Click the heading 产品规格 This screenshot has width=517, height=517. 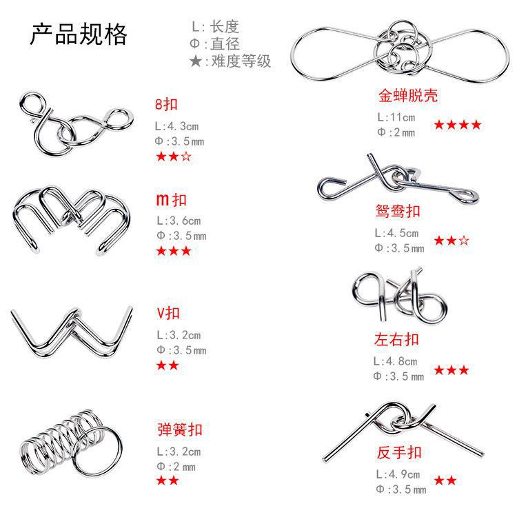click(78, 35)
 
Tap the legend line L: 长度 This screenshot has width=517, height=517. click(215, 27)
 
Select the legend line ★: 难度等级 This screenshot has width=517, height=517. click(230, 61)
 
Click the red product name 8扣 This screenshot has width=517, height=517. click(167, 105)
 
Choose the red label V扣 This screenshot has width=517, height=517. click(168, 313)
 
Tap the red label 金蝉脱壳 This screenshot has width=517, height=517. click(407, 95)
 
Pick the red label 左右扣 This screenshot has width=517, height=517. click(398, 339)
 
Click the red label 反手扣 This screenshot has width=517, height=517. click(399, 453)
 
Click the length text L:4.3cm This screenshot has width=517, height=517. click(177, 127)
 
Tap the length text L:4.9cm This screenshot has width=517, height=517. click(398, 475)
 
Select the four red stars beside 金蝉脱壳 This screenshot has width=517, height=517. click(457, 125)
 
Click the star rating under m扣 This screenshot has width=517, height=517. click(174, 251)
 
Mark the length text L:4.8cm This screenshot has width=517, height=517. click(396, 361)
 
